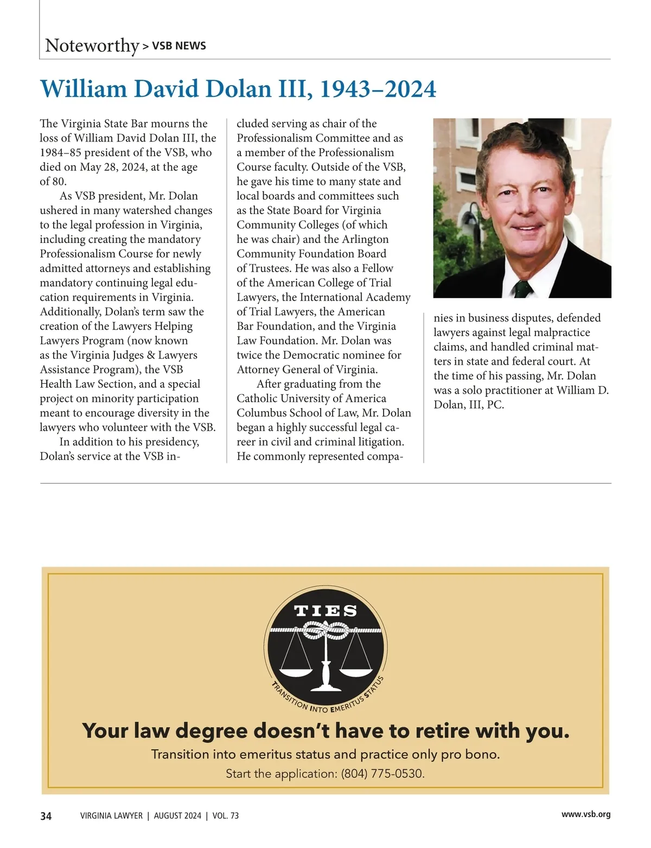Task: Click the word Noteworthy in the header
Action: click(92, 46)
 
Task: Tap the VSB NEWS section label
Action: click(179, 46)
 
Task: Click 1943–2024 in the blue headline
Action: click(378, 89)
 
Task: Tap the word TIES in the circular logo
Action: click(325, 611)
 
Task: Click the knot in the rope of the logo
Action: click(325, 631)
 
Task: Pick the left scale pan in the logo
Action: click(296, 672)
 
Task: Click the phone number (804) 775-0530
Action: click(382, 774)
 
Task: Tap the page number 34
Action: click(46, 816)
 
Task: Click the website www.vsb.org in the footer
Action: click(586, 814)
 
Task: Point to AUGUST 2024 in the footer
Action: click(177, 816)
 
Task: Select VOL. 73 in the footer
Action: click(225, 816)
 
